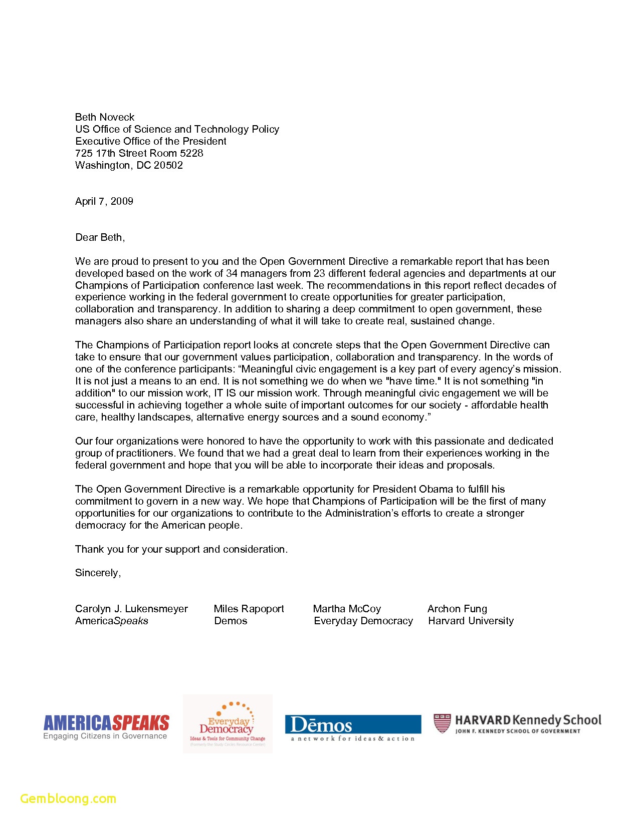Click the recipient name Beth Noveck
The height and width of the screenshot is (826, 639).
(x=105, y=117)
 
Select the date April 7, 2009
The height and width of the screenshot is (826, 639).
(x=104, y=201)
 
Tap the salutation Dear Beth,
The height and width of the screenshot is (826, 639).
(x=100, y=237)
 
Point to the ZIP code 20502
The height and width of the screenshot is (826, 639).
(x=168, y=165)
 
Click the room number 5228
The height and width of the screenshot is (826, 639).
(x=191, y=153)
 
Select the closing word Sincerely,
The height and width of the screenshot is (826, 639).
(x=98, y=573)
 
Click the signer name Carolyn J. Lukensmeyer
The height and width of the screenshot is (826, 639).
(x=131, y=609)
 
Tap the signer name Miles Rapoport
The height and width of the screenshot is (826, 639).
(x=249, y=609)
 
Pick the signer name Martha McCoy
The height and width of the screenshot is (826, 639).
(x=347, y=609)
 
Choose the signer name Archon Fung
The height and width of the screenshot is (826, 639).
(x=457, y=609)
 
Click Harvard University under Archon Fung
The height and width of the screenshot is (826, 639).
(x=471, y=621)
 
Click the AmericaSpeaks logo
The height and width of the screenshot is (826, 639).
(x=106, y=723)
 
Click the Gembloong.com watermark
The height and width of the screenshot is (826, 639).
(x=68, y=798)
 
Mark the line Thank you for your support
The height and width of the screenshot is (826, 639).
(x=181, y=549)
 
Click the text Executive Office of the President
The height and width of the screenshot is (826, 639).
(x=151, y=141)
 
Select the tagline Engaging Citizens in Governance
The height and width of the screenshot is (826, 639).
(x=105, y=736)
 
